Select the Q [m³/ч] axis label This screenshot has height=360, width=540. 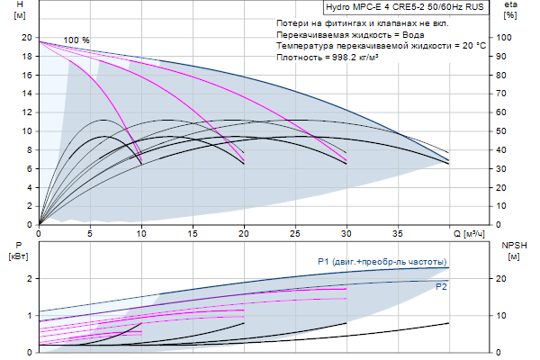(x=475, y=234)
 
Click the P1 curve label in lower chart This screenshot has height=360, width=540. (x=382, y=262)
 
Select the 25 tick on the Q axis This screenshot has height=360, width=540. (x=294, y=234)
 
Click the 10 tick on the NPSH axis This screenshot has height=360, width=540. (x=505, y=315)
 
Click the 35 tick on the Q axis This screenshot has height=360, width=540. (x=397, y=234)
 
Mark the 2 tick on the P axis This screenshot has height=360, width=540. (x=31, y=278)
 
